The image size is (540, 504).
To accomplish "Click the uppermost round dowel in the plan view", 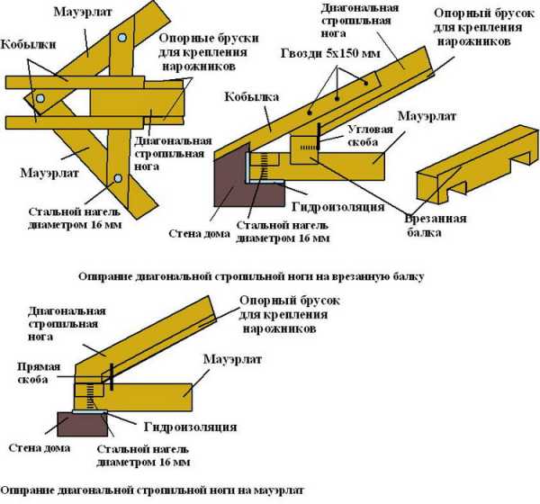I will point(120,37).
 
